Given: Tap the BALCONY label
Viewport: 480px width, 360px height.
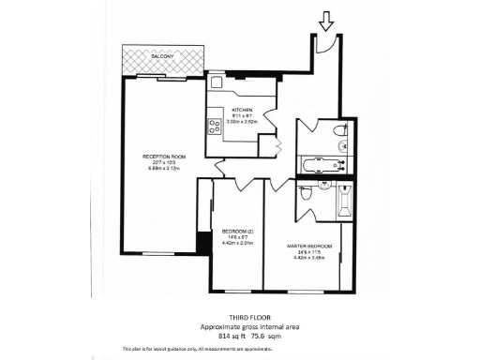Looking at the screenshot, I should pyautogui.click(x=161, y=56).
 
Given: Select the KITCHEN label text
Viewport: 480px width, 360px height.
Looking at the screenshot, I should pyautogui.click(x=243, y=110).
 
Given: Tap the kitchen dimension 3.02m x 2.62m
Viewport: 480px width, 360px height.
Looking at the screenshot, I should pyautogui.click(x=243, y=121).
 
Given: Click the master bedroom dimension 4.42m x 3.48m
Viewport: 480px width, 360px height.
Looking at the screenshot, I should pyautogui.click(x=309, y=258).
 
